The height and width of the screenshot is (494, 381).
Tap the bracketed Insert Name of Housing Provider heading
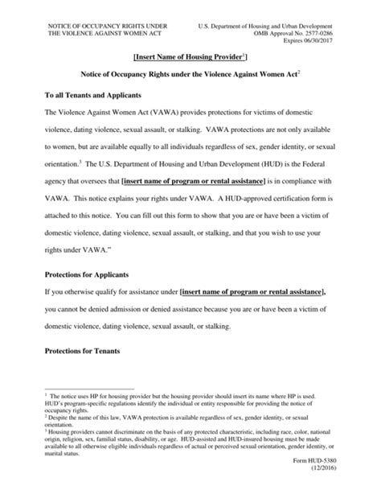click(190, 56)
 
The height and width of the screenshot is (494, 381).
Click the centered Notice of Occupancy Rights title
click(190, 73)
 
